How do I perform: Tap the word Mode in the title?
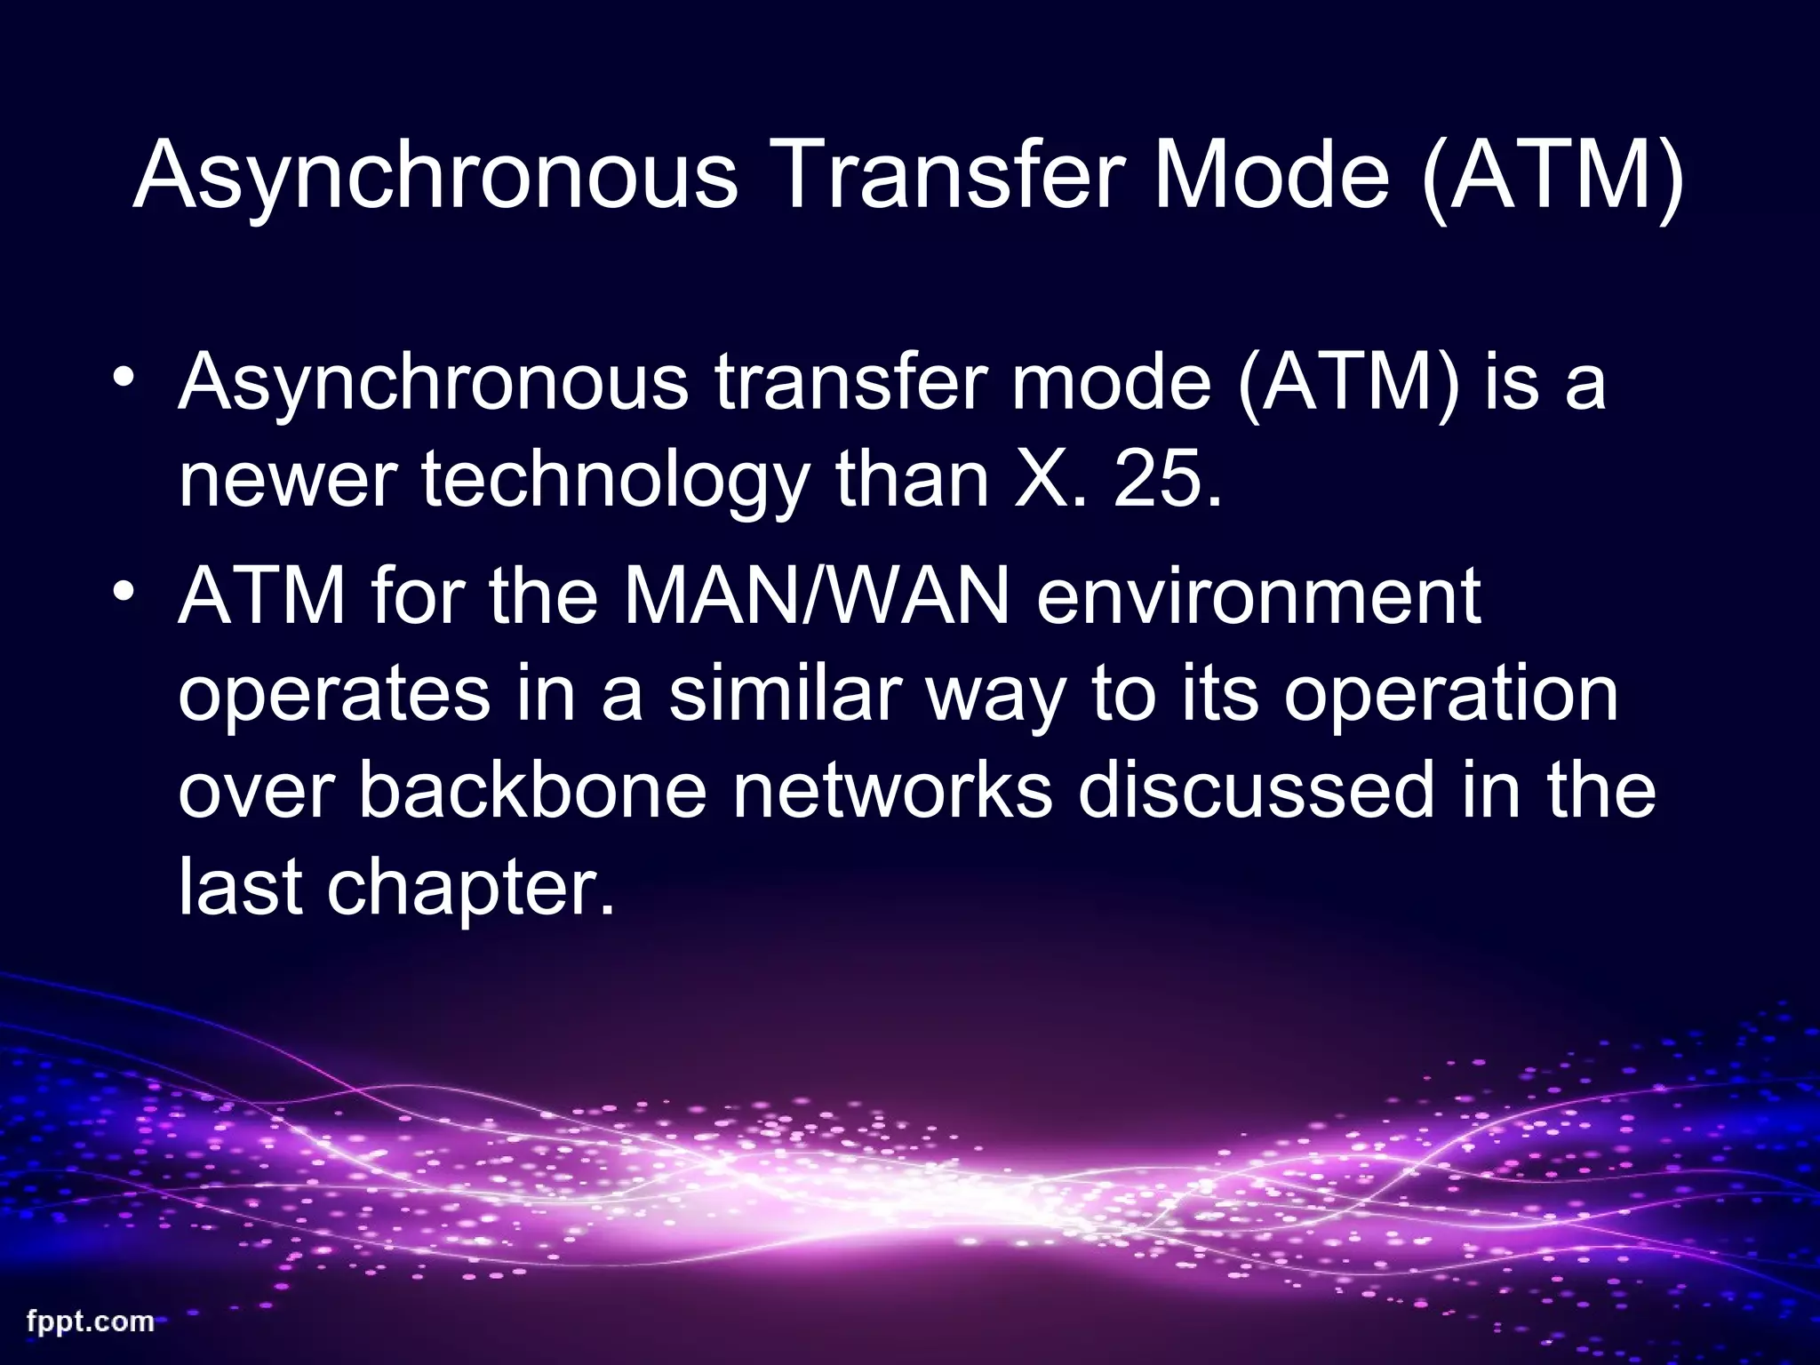[x=1271, y=175]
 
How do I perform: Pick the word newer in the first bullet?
[x=285, y=482]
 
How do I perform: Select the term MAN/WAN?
[x=817, y=595]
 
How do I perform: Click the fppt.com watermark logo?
[x=91, y=1321]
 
